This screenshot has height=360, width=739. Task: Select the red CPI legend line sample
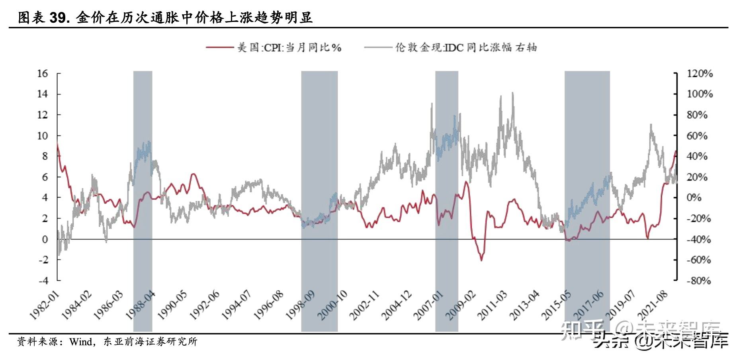[219, 47]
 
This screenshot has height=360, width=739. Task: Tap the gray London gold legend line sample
[377, 47]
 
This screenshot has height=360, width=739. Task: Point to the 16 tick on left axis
[43, 73]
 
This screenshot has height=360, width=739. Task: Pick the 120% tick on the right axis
[700, 73]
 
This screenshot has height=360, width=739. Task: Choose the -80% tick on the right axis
[699, 281]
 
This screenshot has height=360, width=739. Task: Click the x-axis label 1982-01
[44, 306]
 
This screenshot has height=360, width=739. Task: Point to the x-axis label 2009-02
[461, 306]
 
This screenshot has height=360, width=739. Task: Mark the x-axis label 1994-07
[237, 306]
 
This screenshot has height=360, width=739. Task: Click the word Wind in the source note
[81, 342]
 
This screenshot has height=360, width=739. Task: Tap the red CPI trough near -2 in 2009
[481, 260]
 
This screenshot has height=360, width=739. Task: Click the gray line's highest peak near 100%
[512, 93]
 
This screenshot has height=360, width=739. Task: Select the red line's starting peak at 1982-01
[58, 144]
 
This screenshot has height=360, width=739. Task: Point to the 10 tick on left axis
[43, 135]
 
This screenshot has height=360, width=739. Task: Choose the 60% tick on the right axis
[697, 135]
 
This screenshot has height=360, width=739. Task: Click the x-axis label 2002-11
[365, 306]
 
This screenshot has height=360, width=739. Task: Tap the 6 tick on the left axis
[45, 177]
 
